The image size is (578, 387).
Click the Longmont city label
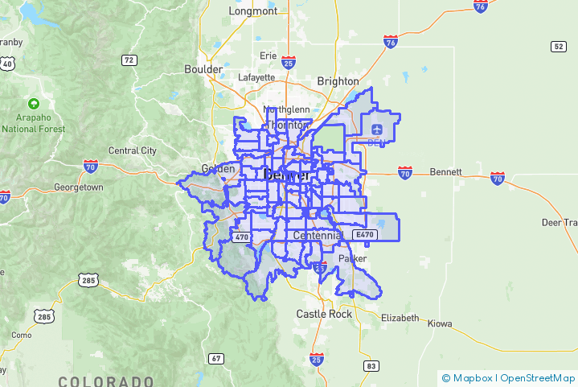252,11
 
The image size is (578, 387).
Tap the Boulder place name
203,69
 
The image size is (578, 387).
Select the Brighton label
338,81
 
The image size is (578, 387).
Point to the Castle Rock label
324,314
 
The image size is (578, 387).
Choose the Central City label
133,150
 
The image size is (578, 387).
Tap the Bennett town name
445,172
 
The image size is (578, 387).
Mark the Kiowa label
440,323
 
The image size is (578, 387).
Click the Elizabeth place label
400,318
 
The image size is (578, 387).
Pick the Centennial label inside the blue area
318,236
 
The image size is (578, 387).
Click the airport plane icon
377,129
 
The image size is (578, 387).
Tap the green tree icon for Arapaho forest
33,104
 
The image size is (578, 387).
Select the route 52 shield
558,47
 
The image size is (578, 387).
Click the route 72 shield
129,60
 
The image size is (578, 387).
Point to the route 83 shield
371,366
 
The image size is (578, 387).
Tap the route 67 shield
215,358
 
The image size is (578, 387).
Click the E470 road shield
365,235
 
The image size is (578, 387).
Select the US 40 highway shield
7,63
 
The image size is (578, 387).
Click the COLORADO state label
105,381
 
